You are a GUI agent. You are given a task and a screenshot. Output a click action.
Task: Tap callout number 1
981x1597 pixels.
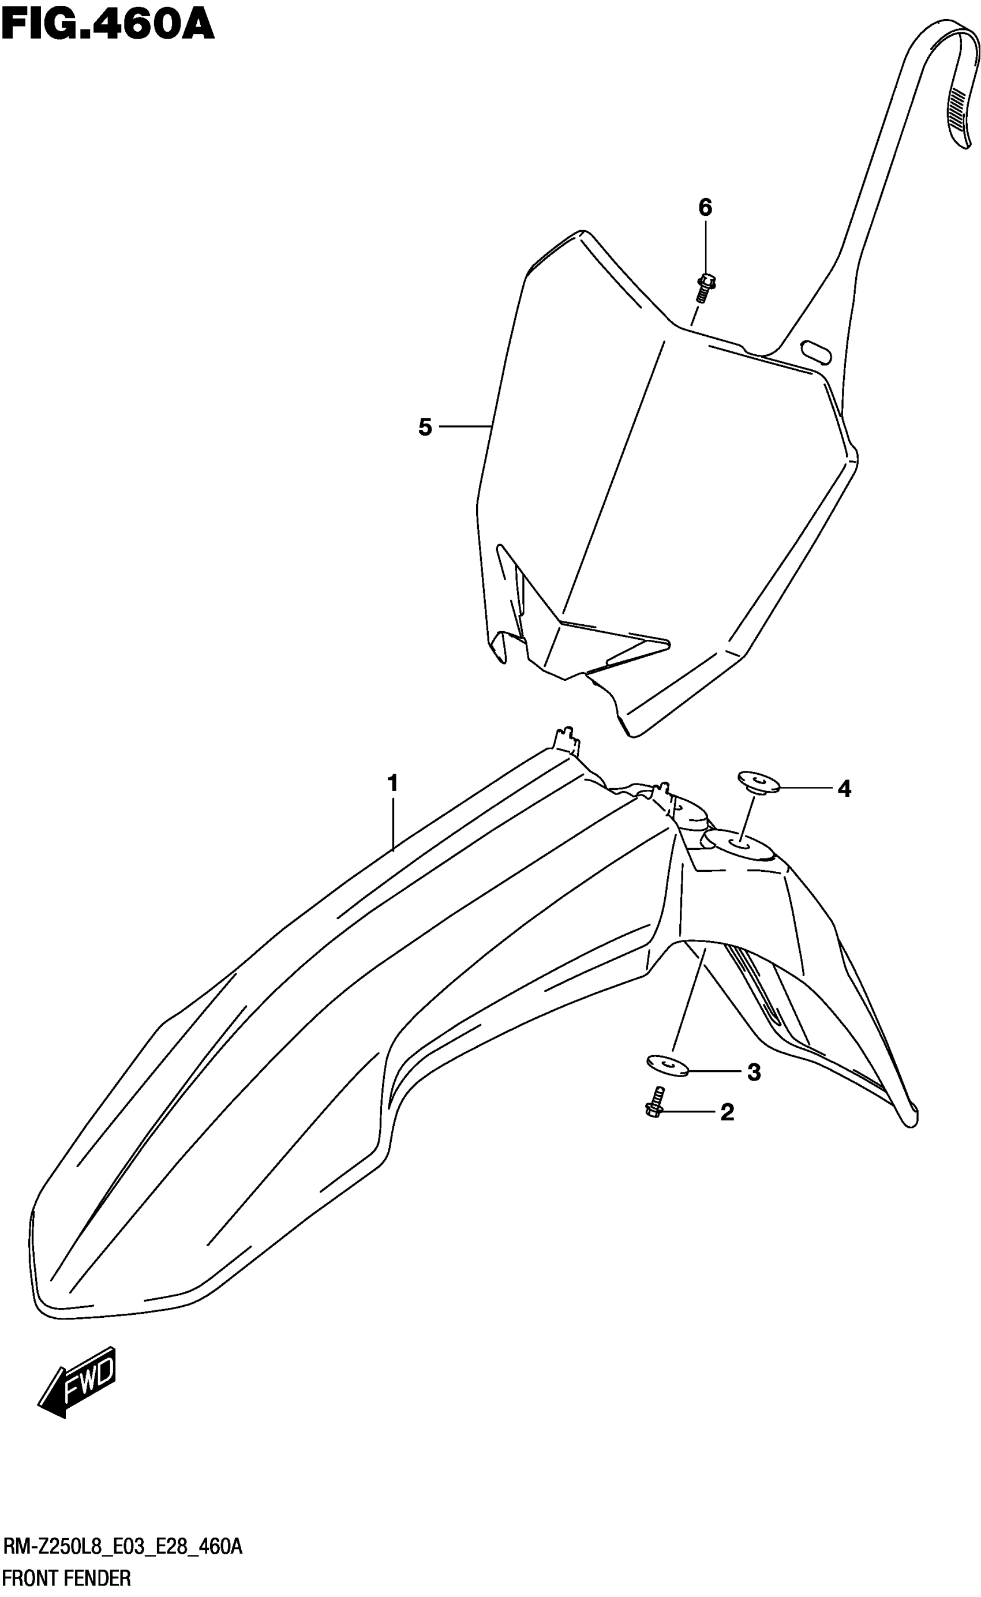(392, 783)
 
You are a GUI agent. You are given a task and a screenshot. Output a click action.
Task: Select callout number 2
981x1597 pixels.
(727, 1112)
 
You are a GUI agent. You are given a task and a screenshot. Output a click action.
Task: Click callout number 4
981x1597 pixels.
(844, 789)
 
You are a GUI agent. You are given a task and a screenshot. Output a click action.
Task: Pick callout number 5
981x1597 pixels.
(425, 428)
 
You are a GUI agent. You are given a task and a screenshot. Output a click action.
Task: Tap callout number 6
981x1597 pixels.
(705, 208)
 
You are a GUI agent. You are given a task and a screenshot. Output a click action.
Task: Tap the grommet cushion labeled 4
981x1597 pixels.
(758, 781)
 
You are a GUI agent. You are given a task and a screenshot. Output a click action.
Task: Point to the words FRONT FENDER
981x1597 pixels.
(67, 1578)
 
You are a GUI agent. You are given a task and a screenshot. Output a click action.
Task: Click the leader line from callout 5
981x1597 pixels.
(465, 426)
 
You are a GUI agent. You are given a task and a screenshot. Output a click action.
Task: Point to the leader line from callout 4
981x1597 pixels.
(804, 788)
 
